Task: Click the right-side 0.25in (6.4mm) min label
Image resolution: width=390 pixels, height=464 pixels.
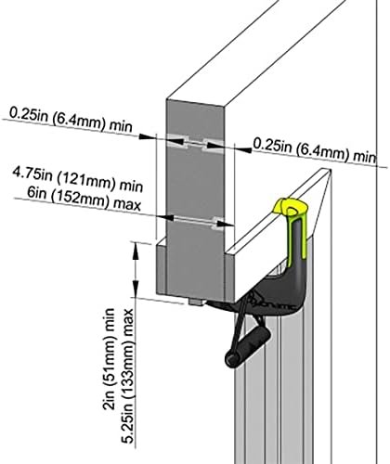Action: (315, 150)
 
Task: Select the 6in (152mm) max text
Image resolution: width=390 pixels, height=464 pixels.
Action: (84, 200)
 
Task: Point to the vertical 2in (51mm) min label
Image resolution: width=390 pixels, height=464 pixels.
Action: (109, 359)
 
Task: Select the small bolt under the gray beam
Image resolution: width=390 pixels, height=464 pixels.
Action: (196, 302)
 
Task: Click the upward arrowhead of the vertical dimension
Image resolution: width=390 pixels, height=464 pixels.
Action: (136, 250)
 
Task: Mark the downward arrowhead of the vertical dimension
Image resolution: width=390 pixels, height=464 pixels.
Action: (136, 289)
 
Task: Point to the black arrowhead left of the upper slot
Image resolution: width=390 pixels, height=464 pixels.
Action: (147, 136)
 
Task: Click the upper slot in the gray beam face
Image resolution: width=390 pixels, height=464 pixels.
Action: (195, 143)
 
